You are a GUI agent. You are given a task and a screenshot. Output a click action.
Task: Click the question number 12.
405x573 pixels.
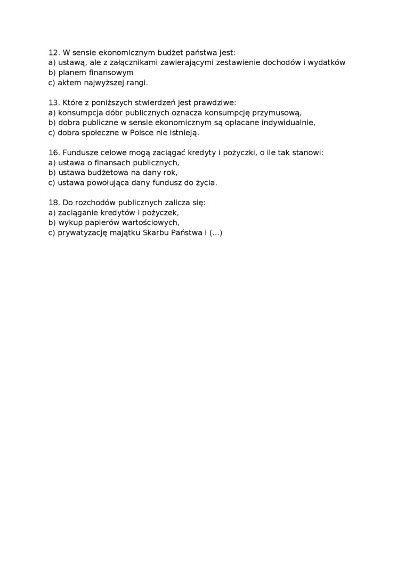[53, 53]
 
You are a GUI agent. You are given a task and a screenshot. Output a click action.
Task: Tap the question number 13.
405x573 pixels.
[53, 102]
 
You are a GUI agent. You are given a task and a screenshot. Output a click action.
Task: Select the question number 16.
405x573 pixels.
[53, 152]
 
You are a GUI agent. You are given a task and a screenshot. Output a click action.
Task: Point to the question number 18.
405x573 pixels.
[53, 203]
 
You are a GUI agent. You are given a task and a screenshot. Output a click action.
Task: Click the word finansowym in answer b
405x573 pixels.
[112, 72]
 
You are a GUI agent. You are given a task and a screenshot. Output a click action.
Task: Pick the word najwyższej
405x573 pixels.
[103, 83]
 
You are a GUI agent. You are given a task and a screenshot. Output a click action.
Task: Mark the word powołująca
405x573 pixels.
[117, 182]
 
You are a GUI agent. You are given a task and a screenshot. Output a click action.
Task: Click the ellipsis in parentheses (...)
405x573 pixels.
[216, 232]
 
